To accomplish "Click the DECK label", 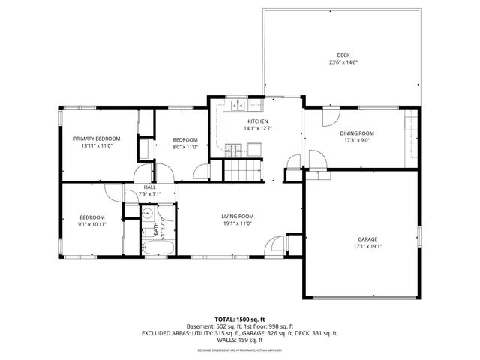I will (x=343, y=55).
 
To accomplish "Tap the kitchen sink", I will (x=237, y=106).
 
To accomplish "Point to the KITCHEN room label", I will (x=259, y=121).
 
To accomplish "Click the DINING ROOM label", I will (x=357, y=133).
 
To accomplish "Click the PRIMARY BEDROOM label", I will (x=97, y=139).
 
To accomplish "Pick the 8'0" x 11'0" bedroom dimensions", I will (x=185, y=147).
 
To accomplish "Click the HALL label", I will (x=149, y=187).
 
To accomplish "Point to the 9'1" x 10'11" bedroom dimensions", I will (x=92, y=224).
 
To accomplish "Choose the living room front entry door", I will (x=278, y=245).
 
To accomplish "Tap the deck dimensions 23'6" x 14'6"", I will (x=343, y=62).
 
